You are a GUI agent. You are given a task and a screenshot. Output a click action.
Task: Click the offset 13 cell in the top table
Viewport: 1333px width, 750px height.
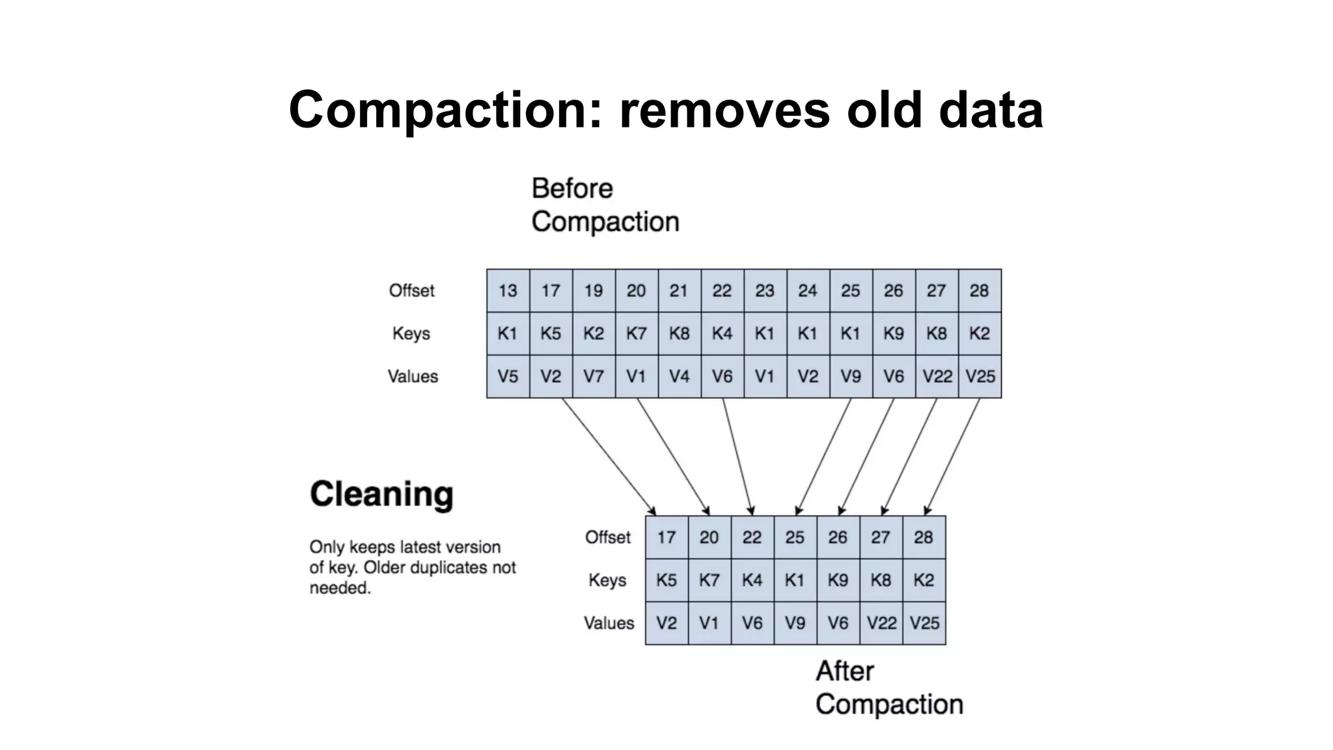pyautogui.click(x=508, y=290)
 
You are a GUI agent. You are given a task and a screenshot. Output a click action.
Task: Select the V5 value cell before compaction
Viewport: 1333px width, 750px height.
pyautogui.click(x=508, y=376)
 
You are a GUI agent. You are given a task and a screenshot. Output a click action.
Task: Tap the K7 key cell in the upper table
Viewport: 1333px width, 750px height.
pyautogui.click(x=636, y=333)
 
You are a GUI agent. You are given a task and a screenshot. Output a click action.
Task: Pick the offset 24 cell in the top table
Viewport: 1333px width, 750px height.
pyautogui.click(x=807, y=290)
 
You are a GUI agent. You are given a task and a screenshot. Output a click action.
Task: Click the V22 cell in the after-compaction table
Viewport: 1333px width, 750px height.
pyautogui.click(x=881, y=623)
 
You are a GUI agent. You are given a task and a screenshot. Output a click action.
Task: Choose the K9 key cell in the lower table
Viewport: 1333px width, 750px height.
pyautogui.click(x=838, y=580)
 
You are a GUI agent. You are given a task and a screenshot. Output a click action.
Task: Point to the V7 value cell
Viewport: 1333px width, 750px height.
pyautogui.click(x=593, y=376)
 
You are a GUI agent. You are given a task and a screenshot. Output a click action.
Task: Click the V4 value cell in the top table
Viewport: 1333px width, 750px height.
pyautogui.click(x=679, y=376)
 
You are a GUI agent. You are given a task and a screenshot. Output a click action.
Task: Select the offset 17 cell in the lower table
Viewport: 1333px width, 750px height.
pyautogui.click(x=666, y=537)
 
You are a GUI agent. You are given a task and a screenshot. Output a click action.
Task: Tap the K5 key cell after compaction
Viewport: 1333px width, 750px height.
pyautogui.click(x=666, y=580)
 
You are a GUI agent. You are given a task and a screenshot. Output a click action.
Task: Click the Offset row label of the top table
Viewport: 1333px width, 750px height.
pyautogui.click(x=411, y=290)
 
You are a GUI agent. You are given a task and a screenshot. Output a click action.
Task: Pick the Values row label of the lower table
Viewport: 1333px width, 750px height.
pyautogui.click(x=609, y=623)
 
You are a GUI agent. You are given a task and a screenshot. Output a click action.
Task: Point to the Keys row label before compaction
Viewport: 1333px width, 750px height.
pyautogui.click(x=411, y=333)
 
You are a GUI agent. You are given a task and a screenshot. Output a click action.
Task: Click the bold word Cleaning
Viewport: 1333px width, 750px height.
pyautogui.click(x=381, y=494)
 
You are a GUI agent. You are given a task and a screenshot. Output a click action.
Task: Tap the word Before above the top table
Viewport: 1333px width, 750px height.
pyautogui.click(x=572, y=189)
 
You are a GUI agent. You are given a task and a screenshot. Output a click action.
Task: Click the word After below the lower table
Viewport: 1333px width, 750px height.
pyautogui.click(x=844, y=671)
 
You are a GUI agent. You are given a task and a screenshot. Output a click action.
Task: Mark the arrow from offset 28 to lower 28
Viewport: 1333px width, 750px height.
pyautogui.click(x=952, y=456)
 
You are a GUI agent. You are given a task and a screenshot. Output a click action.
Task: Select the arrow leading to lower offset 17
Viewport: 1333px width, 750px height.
pyautogui.click(x=609, y=456)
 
